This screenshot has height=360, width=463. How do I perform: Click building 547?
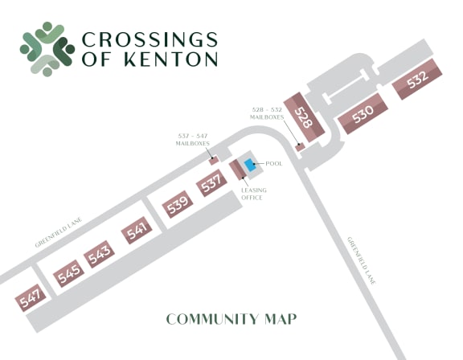coord(31,301)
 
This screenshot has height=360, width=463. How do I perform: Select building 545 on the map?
coord(68,275)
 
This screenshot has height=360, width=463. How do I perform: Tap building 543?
coord(100,256)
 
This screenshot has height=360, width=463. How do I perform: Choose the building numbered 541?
coord(137,231)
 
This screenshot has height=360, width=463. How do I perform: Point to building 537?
coord(211,184)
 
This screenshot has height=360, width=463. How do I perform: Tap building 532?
coord(417,81)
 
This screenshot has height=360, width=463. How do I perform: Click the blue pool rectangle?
coord(251,165)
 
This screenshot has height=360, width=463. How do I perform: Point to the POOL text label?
coord(274,164)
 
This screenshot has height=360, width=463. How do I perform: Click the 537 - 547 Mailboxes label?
coord(193,139)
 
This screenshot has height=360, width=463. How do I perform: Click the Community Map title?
coord(231,319)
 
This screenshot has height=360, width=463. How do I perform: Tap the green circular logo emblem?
coord(47,47)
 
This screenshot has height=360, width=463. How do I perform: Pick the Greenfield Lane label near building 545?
coord(60,232)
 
